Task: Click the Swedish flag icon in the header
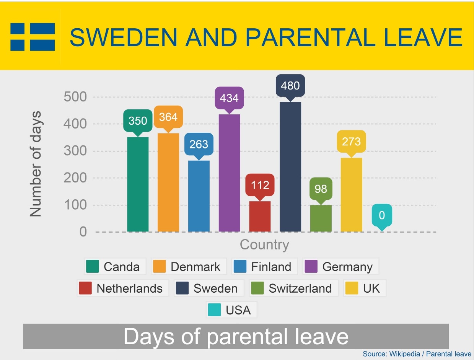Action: (x=33, y=37)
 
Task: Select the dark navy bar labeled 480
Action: (x=290, y=167)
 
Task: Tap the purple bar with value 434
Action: (x=229, y=173)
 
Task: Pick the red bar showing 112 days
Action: (x=260, y=216)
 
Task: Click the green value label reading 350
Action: (x=138, y=121)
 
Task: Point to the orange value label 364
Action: (x=168, y=117)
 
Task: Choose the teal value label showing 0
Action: (x=382, y=216)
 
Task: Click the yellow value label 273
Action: (x=351, y=142)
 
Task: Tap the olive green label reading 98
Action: (x=321, y=189)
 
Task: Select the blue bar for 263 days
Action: (x=199, y=196)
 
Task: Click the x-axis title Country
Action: (x=264, y=244)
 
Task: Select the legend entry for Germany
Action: (x=340, y=267)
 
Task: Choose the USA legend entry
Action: (x=231, y=310)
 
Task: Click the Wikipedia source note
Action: (x=417, y=354)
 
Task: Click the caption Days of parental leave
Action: (x=236, y=336)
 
